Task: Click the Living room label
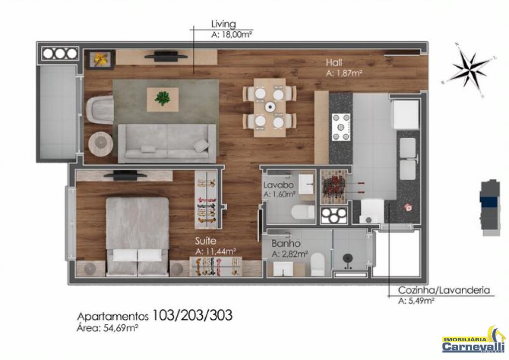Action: [223, 24]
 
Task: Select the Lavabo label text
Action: [278, 185]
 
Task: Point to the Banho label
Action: [286, 244]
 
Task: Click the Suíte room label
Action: [205, 241]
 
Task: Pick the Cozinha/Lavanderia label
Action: [444, 290]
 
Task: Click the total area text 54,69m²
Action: [121, 328]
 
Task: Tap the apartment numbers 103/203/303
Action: [192, 315]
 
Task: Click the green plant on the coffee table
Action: [163, 98]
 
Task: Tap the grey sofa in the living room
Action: [167, 143]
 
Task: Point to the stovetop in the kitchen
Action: [341, 127]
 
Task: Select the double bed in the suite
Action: [138, 237]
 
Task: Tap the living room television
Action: [166, 56]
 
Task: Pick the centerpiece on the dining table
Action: [269, 107]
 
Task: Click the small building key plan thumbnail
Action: [490, 208]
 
